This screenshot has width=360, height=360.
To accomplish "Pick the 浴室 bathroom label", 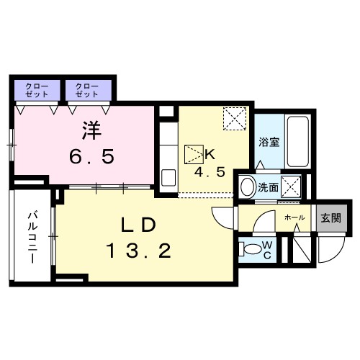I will tap(269, 142).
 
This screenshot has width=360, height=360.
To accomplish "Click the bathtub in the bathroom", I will tap(296, 141).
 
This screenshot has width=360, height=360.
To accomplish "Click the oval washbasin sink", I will tap(246, 187).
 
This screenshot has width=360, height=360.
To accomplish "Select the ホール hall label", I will tap(294, 217).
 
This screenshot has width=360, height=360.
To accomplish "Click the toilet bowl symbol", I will tap(250, 249).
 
